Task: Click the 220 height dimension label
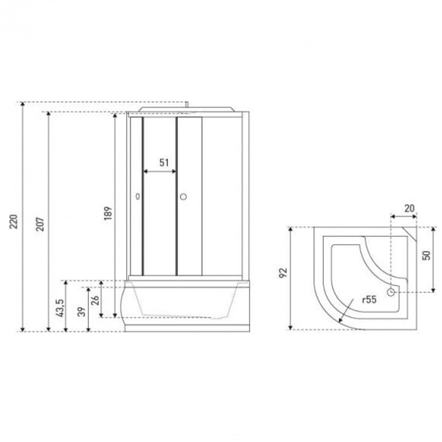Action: coord(14,221)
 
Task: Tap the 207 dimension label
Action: coord(40,225)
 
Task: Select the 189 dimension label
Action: coord(108,213)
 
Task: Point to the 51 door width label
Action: coord(164,163)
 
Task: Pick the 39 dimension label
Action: coord(82,312)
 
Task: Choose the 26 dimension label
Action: coord(95,301)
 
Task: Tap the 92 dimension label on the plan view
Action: coord(283,273)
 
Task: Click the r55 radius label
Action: coord(369,300)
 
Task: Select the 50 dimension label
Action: coord(427,255)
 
